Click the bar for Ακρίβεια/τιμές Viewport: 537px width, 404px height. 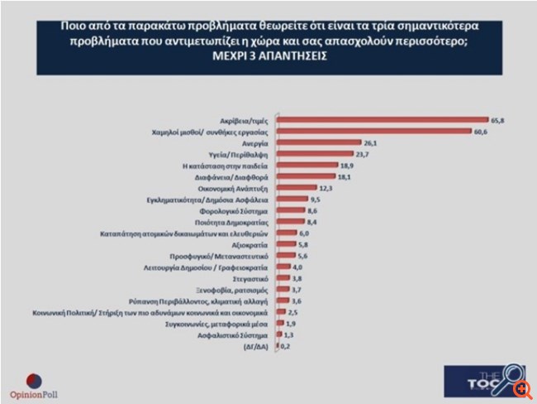(x=380, y=120)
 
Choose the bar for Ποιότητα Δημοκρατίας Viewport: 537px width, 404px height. (x=283, y=222)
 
